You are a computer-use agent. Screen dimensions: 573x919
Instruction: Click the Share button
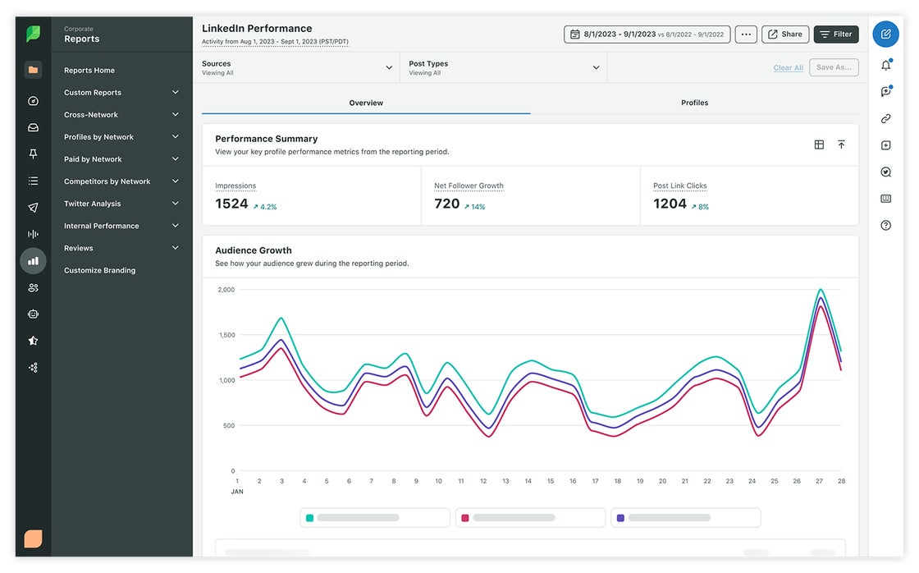[x=785, y=34]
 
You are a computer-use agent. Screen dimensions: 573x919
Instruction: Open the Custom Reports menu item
[x=93, y=93]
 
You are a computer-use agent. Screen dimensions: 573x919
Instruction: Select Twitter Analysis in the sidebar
[x=93, y=204]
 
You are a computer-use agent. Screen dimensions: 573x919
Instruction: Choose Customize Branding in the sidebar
[x=99, y=270]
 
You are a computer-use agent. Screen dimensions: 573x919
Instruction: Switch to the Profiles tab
[x=694, y=103]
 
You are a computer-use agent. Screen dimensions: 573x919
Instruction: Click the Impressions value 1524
[x=231, y=204]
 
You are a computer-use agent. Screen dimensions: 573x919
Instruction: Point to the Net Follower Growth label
[x=469, y=186]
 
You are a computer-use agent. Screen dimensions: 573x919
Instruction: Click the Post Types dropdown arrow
[x=596, y=67]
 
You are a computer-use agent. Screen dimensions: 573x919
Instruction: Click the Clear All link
[x=788, y=68]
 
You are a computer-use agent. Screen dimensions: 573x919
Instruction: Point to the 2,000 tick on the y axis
[x=226, y=290]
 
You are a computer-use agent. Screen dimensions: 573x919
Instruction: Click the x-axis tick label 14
[x=528, y=481]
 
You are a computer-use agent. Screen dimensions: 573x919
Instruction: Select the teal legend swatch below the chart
[x=309, y=518]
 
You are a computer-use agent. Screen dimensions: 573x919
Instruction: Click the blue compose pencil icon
[x=885, y=34]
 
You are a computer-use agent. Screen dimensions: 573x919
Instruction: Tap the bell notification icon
[x=885, y=66]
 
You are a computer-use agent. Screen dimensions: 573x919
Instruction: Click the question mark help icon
[x=885, y=225]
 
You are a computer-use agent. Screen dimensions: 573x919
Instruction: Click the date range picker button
[x=647, y=34]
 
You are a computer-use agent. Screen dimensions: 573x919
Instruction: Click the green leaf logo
[x=33, y=34]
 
